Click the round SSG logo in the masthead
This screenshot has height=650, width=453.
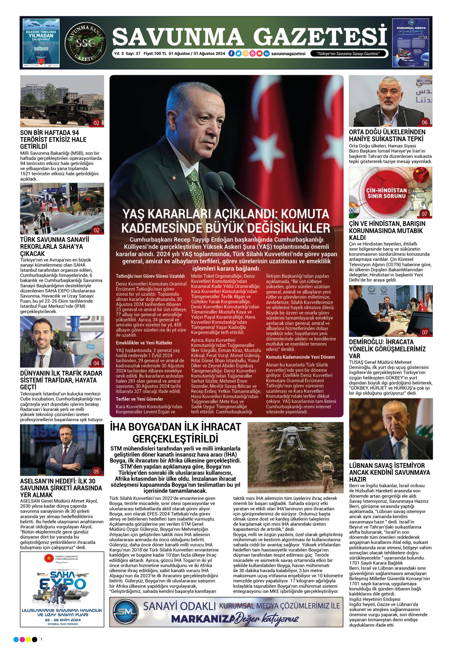(x=86, y=42)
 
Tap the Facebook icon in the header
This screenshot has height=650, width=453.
(x=231, y=54)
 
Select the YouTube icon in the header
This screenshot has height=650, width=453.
(x=259, y=54)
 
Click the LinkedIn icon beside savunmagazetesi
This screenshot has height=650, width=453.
(x=266, y=54)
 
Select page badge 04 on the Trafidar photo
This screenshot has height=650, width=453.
(x=96, y=363)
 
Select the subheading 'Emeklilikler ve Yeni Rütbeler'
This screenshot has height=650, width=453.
(x=144, y=343)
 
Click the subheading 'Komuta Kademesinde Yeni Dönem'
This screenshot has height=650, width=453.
(x=300, y=357)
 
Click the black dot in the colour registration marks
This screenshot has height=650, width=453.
(x=35, y=639)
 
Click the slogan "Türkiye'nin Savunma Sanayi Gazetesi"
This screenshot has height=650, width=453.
(x=348, y=54)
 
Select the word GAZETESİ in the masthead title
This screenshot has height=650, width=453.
(x=320, y=37)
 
